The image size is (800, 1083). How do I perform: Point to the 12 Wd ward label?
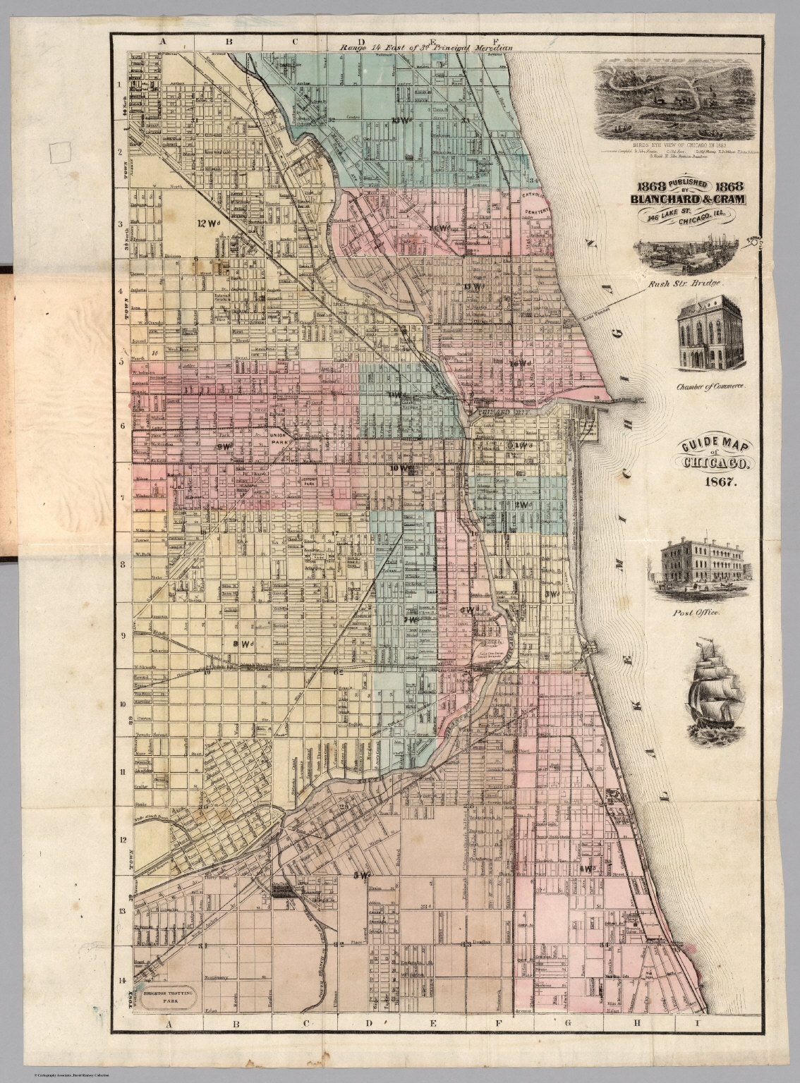click(208, 224)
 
